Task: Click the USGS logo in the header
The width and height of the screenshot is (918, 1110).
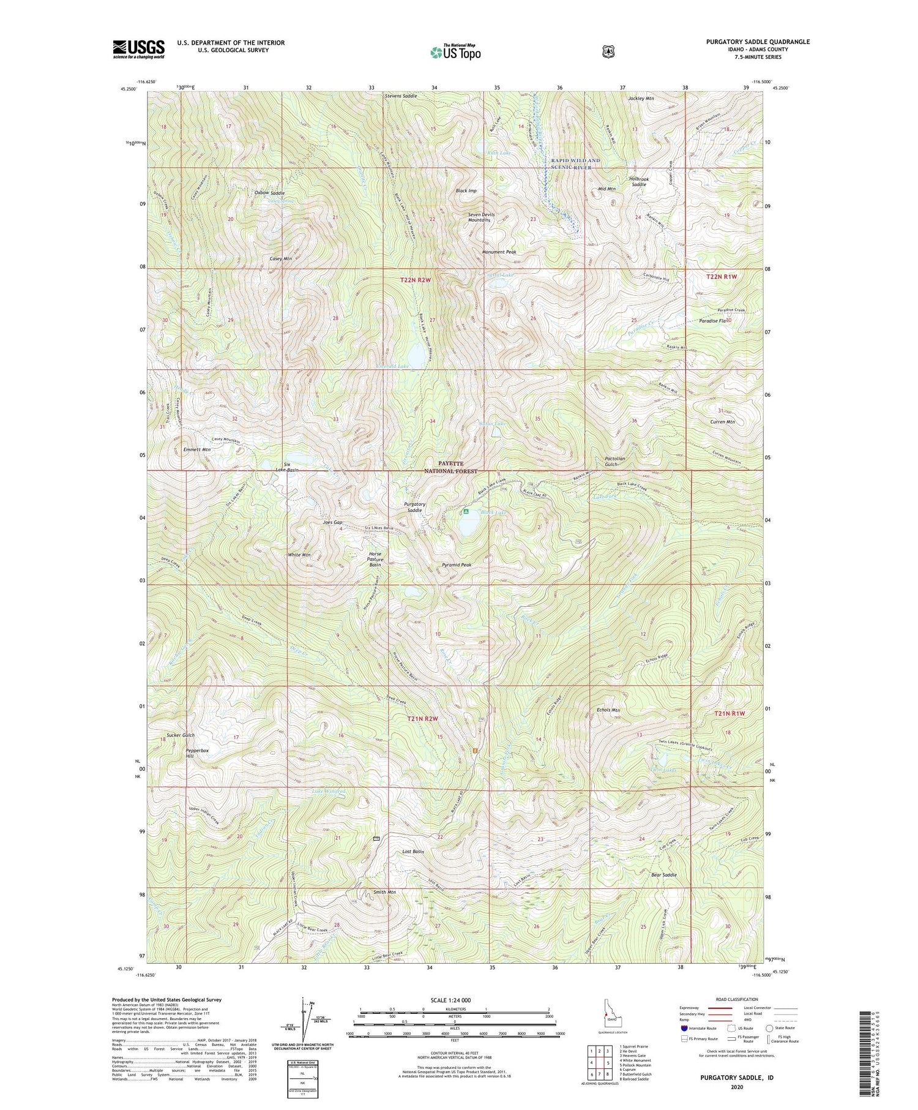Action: click(x=138, y=49)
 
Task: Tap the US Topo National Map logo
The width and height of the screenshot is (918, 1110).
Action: click(x=455, y=51)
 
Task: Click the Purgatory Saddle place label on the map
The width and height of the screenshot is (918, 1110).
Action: click(x=414, y=507)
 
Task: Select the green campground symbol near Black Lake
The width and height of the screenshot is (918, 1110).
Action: click(x=466, y=511)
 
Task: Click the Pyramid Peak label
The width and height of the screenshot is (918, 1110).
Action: click(x=456, y=565)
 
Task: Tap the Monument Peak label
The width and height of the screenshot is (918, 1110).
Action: click(x=499, y=252)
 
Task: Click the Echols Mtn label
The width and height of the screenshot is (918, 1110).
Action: click(x=608, y=710)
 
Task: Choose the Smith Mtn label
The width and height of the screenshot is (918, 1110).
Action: click(x=385, y=892)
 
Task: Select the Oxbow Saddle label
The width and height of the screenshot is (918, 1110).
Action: click(x=269, y=193)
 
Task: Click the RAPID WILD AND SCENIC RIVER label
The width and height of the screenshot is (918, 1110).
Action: click(x=575, y=163)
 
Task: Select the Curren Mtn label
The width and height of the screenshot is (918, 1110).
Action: click(x=722, y=422)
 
